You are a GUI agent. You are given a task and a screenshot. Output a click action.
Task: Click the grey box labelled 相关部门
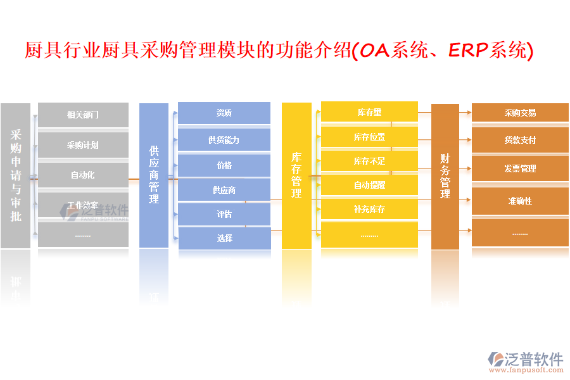pyautogui.click(x=83, y=115)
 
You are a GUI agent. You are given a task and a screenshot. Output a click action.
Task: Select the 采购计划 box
pyautogui.click(x=83, y=145)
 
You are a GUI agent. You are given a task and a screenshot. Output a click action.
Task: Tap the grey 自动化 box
pyautogui.click(x=83, y=175)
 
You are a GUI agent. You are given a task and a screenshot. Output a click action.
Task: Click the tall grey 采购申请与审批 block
pyautogui.click(x=16, y=175)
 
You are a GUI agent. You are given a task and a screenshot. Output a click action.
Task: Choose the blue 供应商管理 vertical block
pyautogui.click(x=154, y=175)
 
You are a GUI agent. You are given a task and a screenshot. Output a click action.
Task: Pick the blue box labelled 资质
pyautogui.click(x=224, y=113)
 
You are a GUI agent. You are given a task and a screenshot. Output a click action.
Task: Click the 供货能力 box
pyautogui.click(x=224, y=140)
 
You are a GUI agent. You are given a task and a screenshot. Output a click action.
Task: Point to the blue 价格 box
pyautogui.click(x=224, y=165)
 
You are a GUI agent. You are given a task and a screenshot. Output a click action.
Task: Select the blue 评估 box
pyautogui.click(x=224, y=214)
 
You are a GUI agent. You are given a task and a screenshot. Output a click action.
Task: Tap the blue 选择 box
pyautogui.click(x=224, y=238)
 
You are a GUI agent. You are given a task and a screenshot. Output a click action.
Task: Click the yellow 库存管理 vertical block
pyautogui.click(x=296, y=175)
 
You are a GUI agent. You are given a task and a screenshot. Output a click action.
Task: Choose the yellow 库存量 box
pyautogui.click(x=369, y=112)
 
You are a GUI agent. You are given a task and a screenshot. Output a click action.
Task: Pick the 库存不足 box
pyautogui.click(x=369, y=161)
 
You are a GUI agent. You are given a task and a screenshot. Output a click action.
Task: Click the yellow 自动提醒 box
pyautogui.click(x=369, y=185)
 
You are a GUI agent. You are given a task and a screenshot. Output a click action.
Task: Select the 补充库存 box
pyautogui.click(x=369, y=209)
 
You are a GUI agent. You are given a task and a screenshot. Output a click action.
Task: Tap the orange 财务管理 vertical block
pyautogui.click(x=445, y=175)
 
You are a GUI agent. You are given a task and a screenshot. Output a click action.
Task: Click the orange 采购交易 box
pyautogui.click(x=520, y=113)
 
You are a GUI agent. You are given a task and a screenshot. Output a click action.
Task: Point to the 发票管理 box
pyautogui.click(x=520, y=168)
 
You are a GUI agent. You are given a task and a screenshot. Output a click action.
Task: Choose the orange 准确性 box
pyautogui.click(x=520, y=201)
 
